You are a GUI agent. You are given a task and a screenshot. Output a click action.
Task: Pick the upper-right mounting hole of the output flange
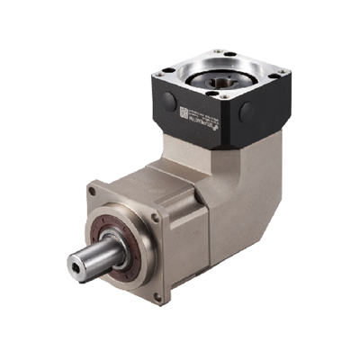tap(155, 216)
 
